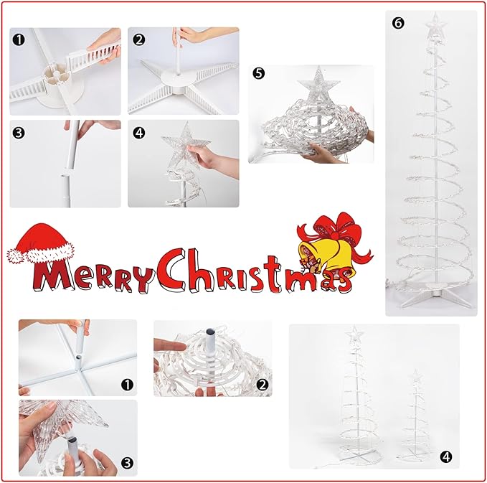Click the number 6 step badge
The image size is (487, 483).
coord(399,22)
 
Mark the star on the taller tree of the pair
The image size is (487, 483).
coord(354,335)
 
